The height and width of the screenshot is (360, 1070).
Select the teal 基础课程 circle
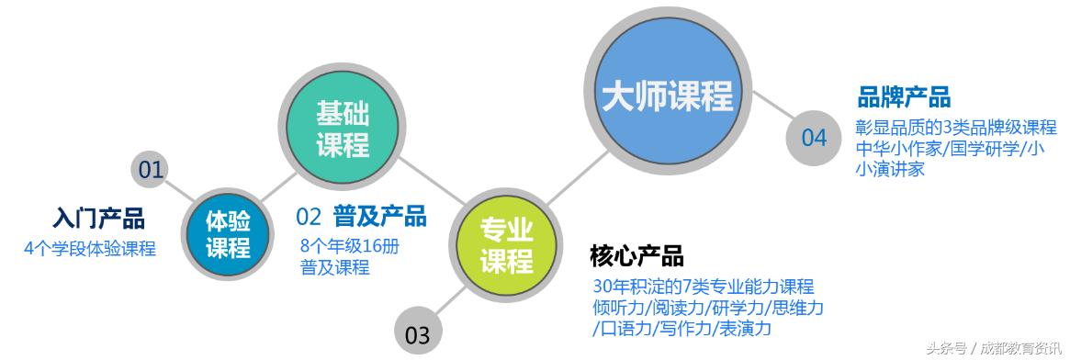click(x=342, y=129)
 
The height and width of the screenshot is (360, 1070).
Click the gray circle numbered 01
click(x=151, y=169)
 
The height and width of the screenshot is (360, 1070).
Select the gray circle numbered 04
click(x=814, y=139)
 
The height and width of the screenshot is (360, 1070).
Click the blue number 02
click(x=309, y=217)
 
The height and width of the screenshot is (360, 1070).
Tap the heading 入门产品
click(x=98, y=219)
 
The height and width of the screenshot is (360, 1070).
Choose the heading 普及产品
click(x=380, y=217)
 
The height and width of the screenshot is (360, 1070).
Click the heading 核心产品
click(x=636, y=255)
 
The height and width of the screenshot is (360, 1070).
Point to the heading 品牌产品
click(x=904, y=96)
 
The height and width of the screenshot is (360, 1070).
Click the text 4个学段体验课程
click(x=90, y=247)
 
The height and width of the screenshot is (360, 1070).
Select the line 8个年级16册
click(x=350, y=246)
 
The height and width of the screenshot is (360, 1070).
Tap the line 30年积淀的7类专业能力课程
click(x=704, y=287)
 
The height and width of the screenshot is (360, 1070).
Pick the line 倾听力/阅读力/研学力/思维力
click(x=708, y=307)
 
